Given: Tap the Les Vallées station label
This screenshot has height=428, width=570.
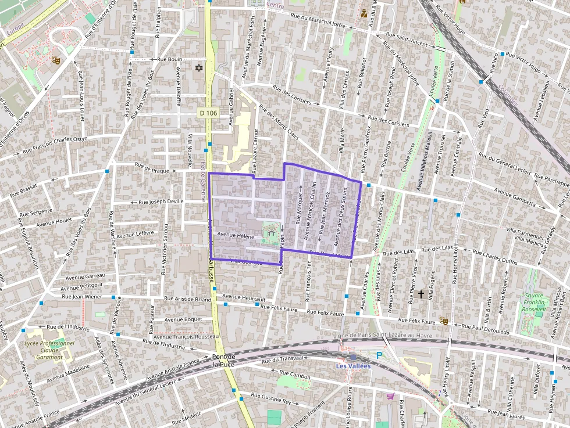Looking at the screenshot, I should pos(353,366).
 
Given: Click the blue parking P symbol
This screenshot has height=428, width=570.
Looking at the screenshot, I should pos(379,355).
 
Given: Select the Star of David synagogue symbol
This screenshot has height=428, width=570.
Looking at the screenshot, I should pos(199,69).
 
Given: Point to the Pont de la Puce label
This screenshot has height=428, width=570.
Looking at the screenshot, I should pos(223,360).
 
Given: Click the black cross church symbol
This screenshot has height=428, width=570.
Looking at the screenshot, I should pos(421,294).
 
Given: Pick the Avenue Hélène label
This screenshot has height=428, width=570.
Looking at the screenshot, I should pos(236,235).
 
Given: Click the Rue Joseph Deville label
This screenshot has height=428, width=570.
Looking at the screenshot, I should pos(161,202).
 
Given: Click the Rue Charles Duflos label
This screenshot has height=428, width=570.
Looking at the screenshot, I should pos(494,257).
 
